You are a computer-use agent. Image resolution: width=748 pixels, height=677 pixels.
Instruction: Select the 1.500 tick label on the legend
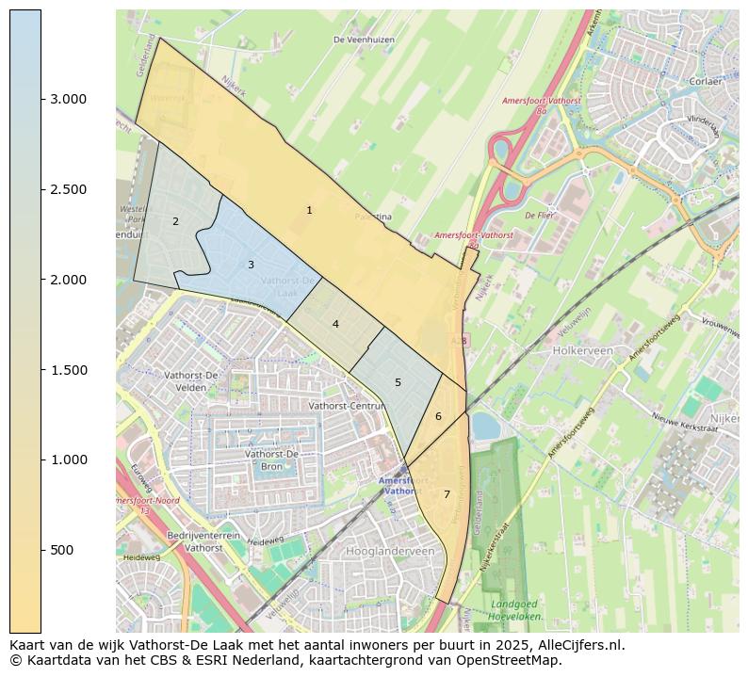(67, 370)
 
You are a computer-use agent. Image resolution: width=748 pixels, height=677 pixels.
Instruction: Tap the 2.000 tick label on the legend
(67, 280)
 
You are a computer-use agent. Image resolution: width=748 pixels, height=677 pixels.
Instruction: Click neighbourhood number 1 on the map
(309, 210)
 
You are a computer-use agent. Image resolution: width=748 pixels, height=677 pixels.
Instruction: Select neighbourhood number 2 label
(175, 221)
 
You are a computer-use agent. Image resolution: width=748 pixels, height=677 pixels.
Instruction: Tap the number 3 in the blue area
(251, 265)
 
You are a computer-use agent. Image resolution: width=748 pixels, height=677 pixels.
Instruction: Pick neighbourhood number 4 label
(335, 324)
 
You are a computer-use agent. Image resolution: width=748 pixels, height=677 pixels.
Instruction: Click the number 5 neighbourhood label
(398, 382)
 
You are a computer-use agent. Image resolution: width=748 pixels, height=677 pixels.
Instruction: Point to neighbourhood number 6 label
(438, 416)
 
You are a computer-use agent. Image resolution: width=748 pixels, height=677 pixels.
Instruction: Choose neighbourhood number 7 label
(447, 494)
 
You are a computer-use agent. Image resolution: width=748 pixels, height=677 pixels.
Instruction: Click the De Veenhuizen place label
(364, 40)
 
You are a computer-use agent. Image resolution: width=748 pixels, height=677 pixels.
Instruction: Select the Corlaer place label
(705, 82)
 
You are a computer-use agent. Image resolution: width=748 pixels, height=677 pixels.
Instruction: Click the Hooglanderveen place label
(390, 551)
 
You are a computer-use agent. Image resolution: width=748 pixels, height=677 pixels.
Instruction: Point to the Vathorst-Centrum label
(347, 406)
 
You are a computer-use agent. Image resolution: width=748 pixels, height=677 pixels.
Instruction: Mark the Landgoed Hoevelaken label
(514, 609)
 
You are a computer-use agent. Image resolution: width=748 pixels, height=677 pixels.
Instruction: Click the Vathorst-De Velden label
(191, 380)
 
